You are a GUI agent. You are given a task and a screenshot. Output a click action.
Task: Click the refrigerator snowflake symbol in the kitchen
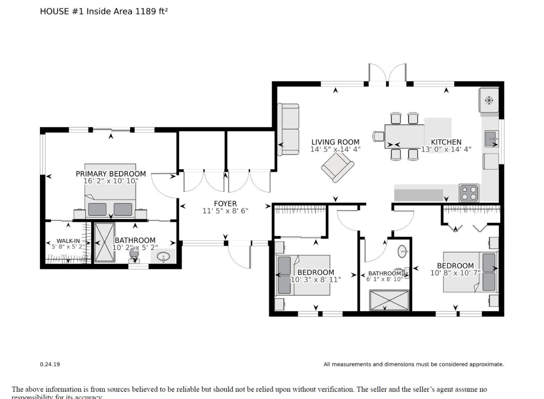click(489, 100)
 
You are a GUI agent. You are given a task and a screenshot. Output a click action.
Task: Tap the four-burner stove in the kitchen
click(469, 193)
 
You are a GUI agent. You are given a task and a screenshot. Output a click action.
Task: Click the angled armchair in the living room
click(337, 167)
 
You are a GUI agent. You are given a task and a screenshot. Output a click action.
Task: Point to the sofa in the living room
click(289, 129)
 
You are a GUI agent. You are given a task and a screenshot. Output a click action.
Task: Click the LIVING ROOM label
click(335, 142)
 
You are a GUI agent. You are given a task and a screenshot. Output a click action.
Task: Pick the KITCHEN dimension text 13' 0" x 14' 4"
click(446, 149)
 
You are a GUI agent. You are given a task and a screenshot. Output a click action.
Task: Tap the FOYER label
click(225, 204)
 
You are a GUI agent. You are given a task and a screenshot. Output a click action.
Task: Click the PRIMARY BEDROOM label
click(111, 174)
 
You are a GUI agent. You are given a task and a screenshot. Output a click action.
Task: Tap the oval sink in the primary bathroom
click(163, 258)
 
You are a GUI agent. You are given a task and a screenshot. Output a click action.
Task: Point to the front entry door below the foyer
click(239, 256)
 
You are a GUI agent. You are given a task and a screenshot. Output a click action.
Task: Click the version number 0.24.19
click(50, 364)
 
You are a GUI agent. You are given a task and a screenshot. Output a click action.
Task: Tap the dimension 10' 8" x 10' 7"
click(455, 273)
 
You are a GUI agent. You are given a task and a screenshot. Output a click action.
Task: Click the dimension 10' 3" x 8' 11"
click(316, 279)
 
